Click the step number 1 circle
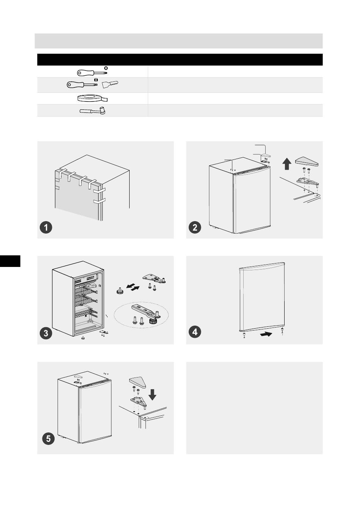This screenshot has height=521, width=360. (x=46, y=227)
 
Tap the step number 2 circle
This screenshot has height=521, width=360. (x=195, y=227)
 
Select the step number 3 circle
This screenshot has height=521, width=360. (x=46, y=333)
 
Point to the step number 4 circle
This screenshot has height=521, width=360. (x=195, y=332)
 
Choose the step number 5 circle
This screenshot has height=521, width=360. (x=48, y=439)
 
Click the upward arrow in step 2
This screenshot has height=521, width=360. (x=287, y=164)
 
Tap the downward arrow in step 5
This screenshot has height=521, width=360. (x=152, y=395)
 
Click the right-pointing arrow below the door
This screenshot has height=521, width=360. (x=266, y=334)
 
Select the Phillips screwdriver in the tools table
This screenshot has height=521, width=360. (x=92, y=73)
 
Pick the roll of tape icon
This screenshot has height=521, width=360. (x=92, y=98)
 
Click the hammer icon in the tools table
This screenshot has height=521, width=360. (x=92, y=111)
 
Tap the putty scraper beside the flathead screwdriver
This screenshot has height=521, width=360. (x=110, y=84)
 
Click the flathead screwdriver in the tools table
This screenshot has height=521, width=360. (x=82, y=84)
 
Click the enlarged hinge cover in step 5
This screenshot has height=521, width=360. (x=138, y=382)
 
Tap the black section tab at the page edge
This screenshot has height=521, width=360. (x=10, y=261)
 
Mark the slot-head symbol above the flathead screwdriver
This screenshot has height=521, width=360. (x=95, y=80)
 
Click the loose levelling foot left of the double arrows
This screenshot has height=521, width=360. (x=120, y=291)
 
